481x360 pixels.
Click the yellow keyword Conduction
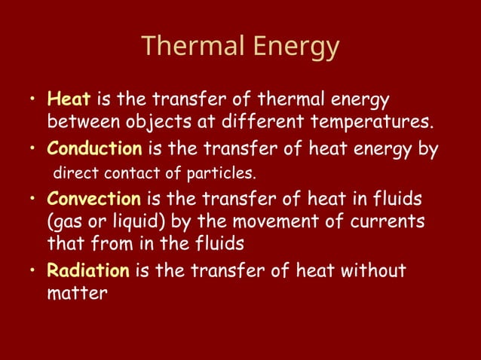[92, 149]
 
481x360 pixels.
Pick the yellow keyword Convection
[93, 200]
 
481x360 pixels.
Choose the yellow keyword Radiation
[88, 270]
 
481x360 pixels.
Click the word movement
[290, 222]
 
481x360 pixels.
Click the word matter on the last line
[77, 293]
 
